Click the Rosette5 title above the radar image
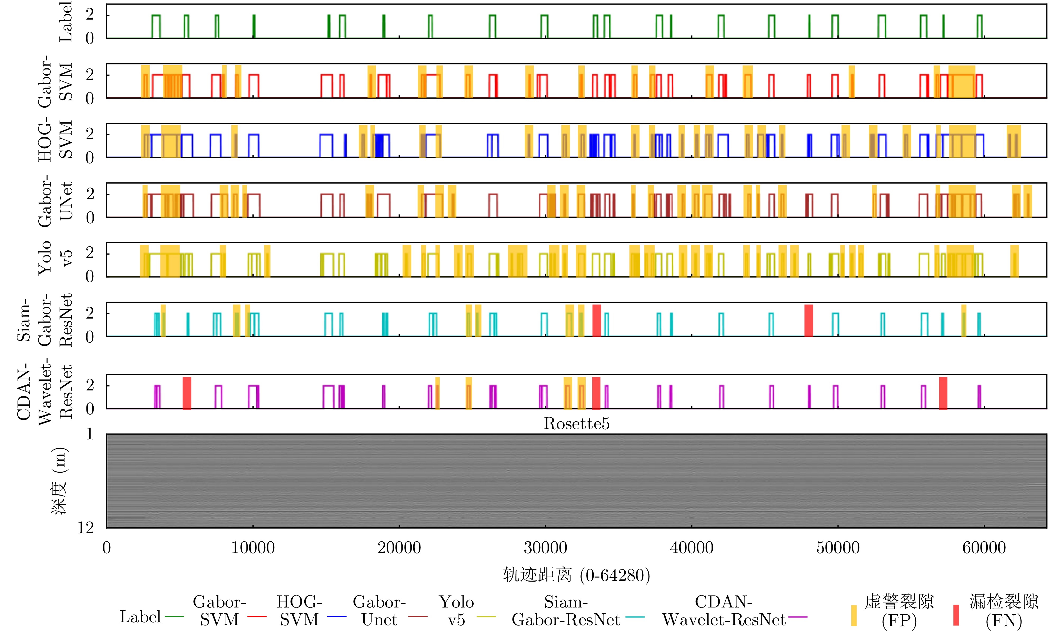[x=576, y=423]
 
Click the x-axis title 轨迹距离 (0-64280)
[x=576, y=575]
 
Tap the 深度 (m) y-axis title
[x=59, y=481]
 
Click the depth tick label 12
[x=85, y=528]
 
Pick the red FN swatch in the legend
[x=956, y=615]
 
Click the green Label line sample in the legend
[x=174, y=616]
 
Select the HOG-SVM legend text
[x=299, y=611]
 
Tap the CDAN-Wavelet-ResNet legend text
[x=724, y=611]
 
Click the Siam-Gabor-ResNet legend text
[x=566, y=611]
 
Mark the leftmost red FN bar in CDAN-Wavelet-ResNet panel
[x=187, y=393]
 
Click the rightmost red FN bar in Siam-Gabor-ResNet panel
[x=808, y=321]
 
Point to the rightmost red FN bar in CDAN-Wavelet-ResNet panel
[x=943, y=393]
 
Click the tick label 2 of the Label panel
[x=90, y=15]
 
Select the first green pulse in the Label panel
[x=156, y=26]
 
